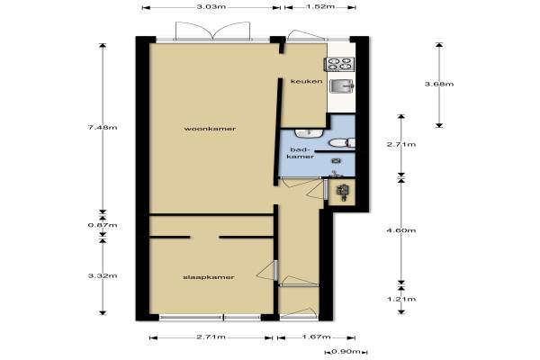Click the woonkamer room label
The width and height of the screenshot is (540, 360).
coord(210,129)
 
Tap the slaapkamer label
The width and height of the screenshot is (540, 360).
coord(209,277)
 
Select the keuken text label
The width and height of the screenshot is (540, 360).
coord(307,81)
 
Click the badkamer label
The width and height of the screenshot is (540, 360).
coord(301,153)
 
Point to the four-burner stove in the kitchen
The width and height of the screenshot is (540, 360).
coord(339,64)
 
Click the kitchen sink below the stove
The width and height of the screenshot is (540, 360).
coord(342,85)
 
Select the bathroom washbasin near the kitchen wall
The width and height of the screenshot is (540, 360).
coord(308,133)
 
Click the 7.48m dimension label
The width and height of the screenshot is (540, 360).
coord(103,128)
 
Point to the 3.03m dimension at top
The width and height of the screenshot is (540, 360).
coord(211,7)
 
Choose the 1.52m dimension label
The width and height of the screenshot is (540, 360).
coord(320,7)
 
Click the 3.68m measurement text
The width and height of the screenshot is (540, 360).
coord(439,84)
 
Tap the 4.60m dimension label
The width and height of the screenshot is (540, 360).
coord(401,230)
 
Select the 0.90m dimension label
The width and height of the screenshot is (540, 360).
coord(346,352)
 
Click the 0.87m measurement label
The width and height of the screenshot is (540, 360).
coord(103,225)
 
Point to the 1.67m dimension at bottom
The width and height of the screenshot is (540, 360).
coord(316,337)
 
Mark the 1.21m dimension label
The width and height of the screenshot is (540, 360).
coord(401,299)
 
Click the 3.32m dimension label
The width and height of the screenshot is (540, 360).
coord(103,275)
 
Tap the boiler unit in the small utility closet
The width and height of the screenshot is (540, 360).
coord(344,192)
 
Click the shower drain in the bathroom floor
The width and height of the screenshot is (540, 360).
coord(336,161)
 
